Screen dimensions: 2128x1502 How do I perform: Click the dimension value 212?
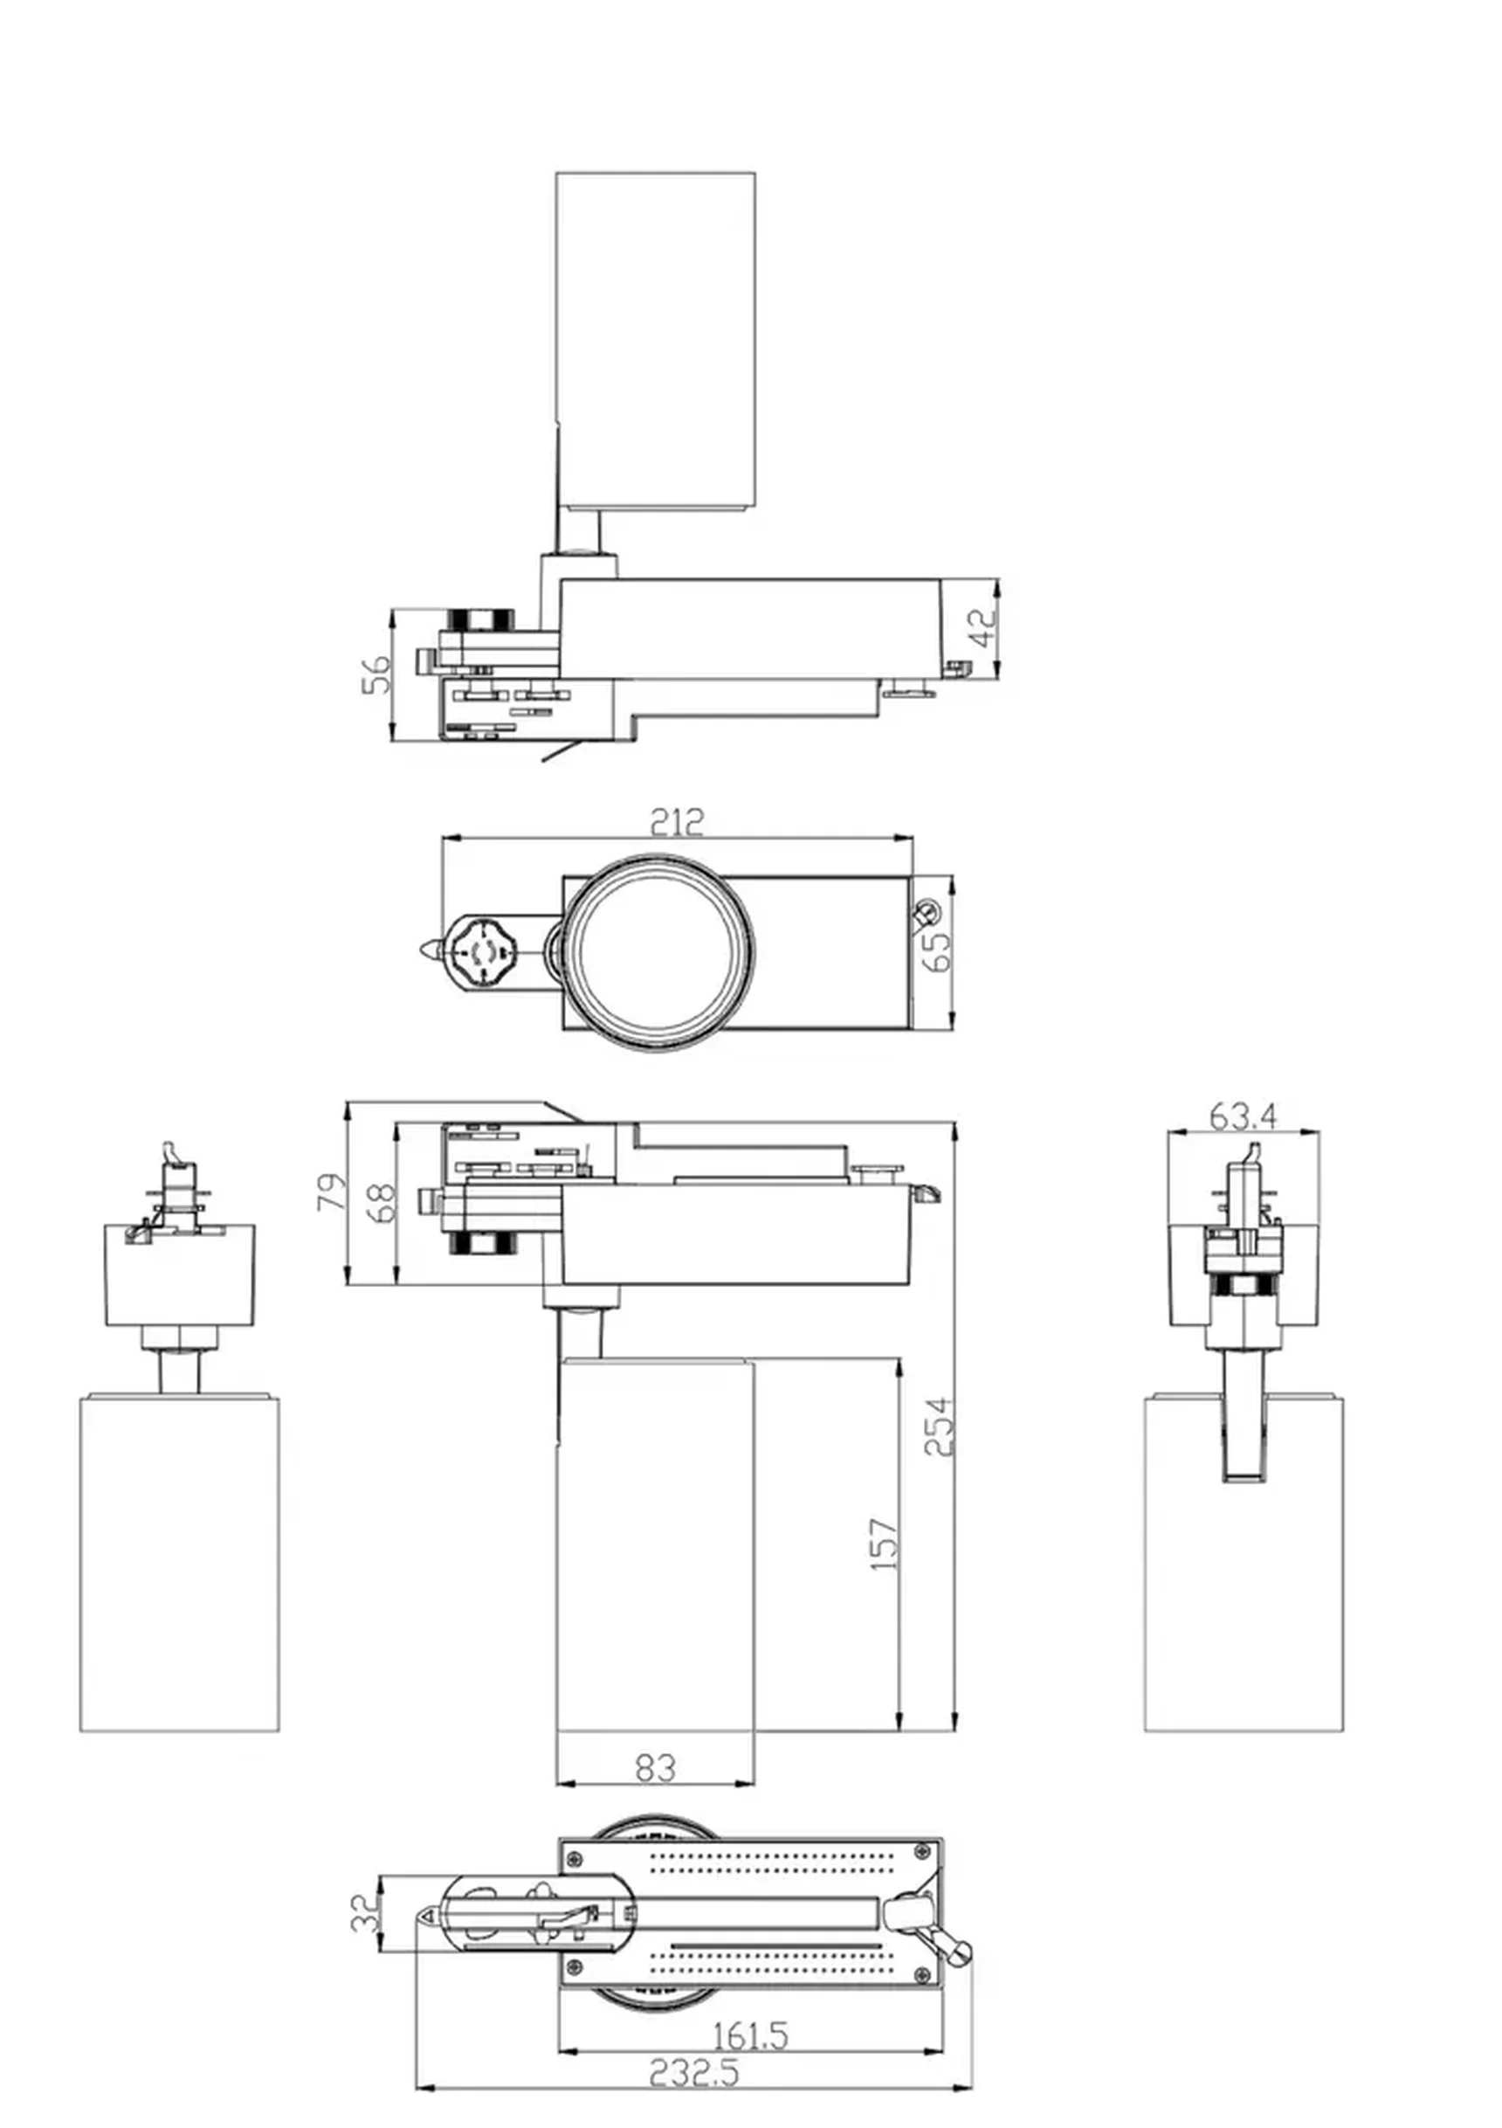[x=677, y=822]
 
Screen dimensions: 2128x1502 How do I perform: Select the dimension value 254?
[x=939, y=1427]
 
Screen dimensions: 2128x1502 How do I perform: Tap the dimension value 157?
[x=884, y=1544]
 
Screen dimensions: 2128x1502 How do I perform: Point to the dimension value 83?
[x=655, y=1768]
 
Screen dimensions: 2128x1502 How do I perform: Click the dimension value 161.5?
[x=749, y=2036]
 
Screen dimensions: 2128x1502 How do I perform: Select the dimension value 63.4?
[x=1243, y=1116]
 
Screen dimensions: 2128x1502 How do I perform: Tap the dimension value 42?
[x=987, y=628]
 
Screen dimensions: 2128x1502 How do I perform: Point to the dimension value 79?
[x=331, y=1192]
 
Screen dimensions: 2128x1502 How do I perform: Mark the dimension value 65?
[x=938, y=952]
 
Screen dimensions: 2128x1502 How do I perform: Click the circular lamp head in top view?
[x=658, y=952]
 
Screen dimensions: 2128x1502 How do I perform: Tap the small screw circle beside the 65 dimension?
[x=926, y=913]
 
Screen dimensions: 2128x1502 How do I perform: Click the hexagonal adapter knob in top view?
[x=481, y=951]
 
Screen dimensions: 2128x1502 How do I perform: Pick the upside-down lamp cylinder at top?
[x=655, y=338]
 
